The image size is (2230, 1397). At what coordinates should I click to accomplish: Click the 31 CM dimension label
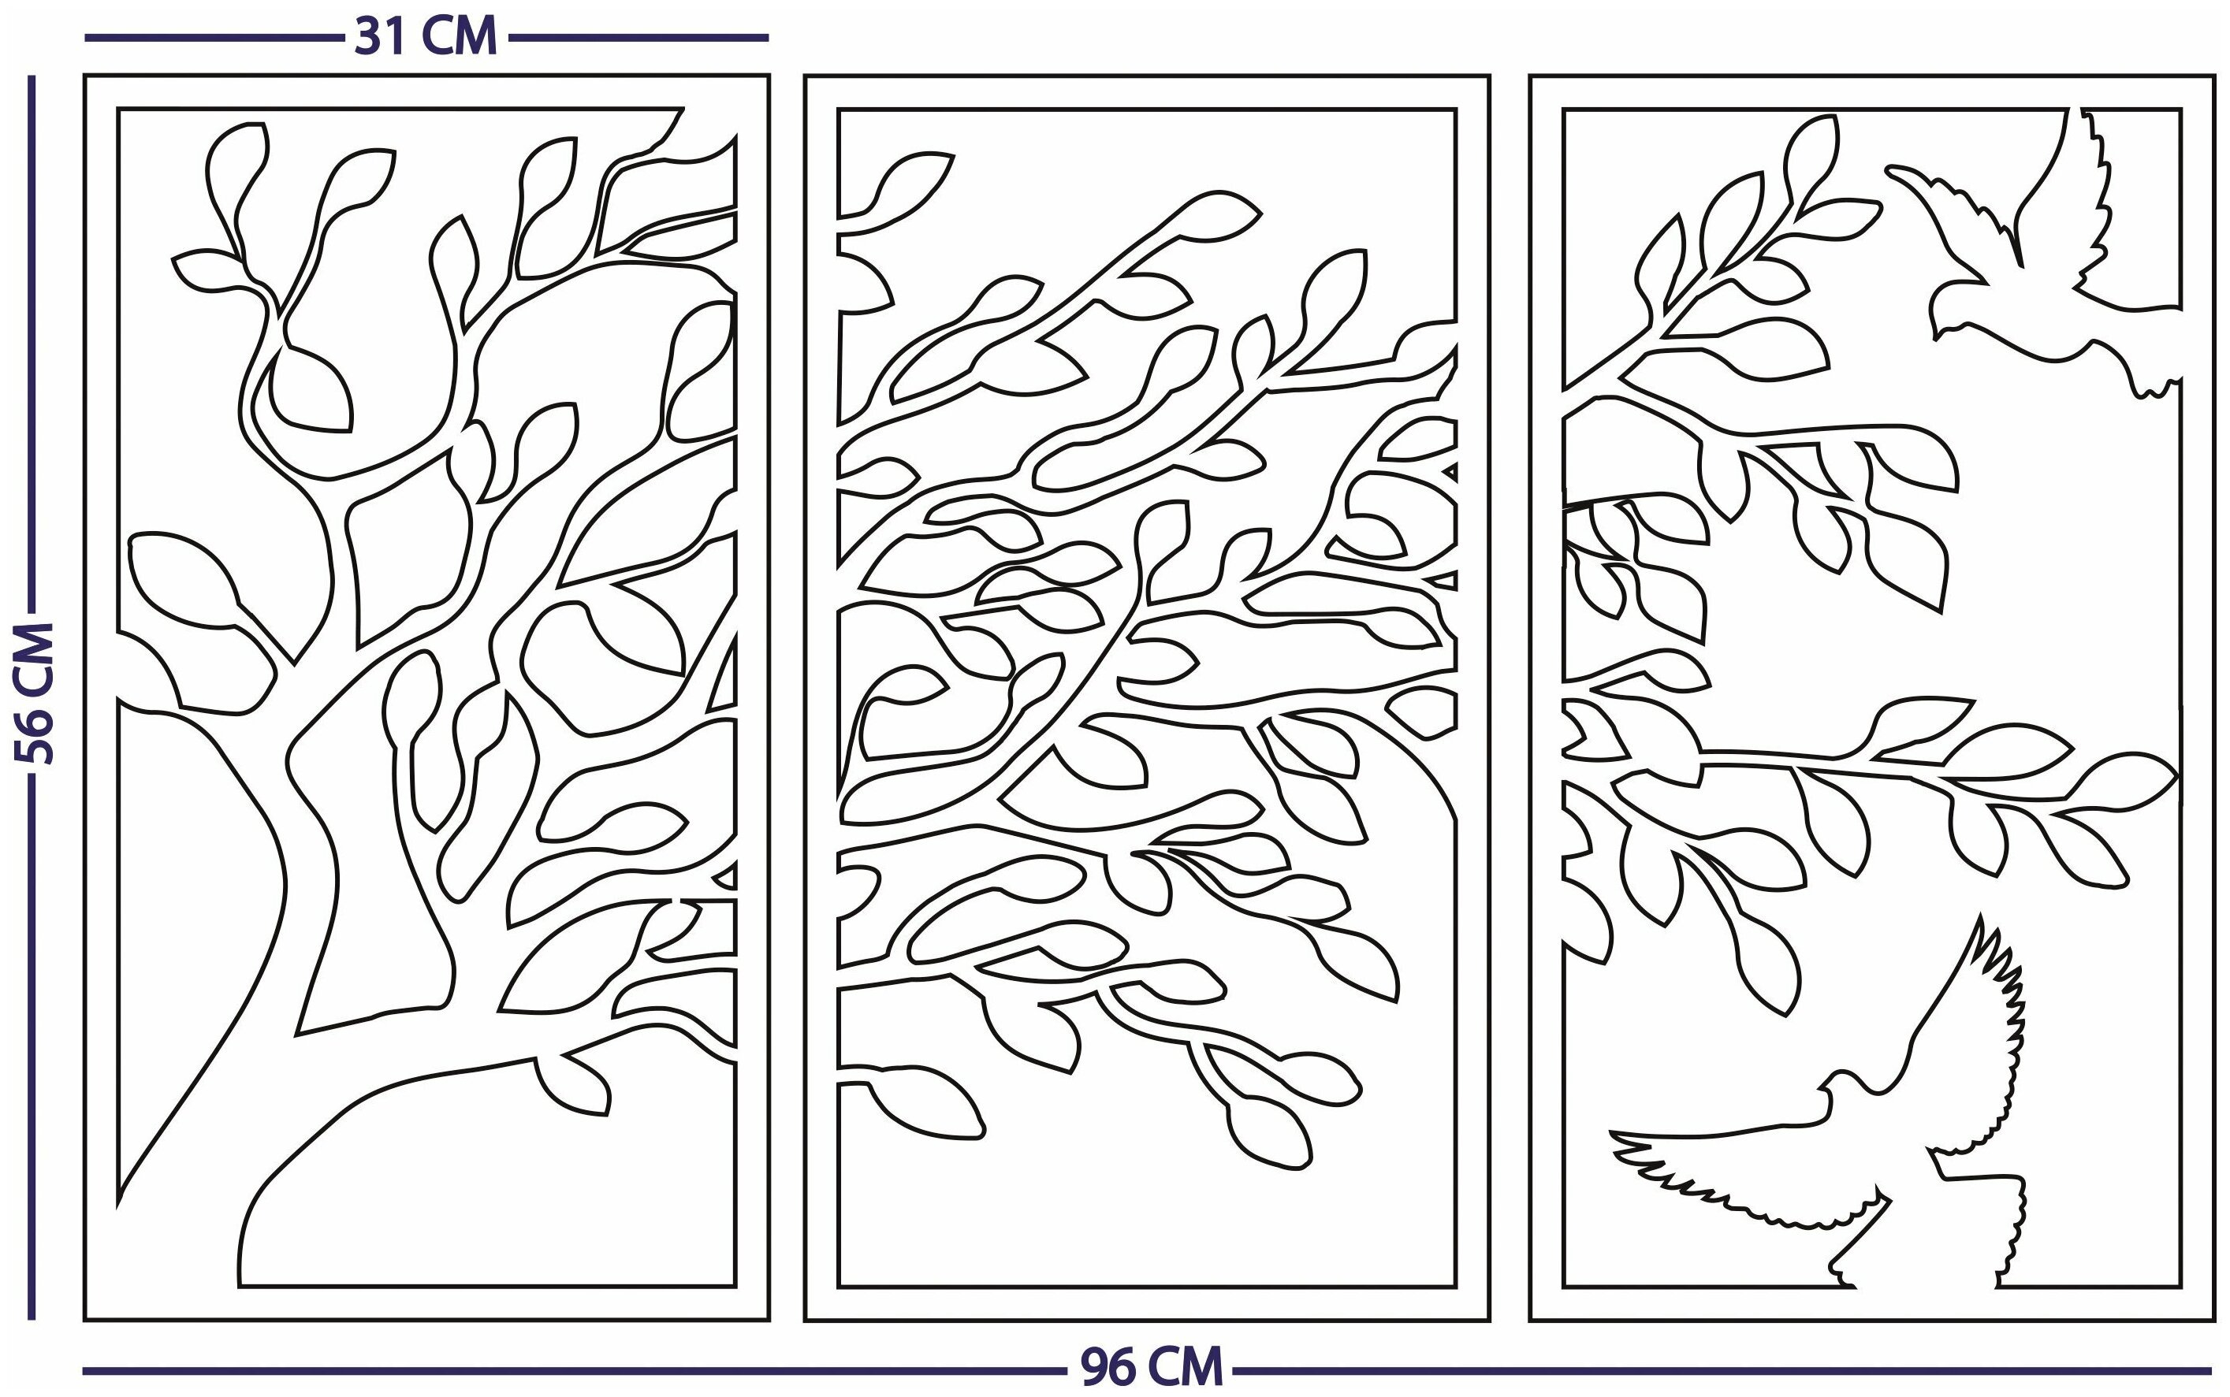(426, 37)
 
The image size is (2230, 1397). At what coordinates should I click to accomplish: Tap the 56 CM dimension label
(35, 693)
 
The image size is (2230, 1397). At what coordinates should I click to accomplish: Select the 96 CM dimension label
(1152, 1366)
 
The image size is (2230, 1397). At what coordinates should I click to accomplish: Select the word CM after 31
(460, 37)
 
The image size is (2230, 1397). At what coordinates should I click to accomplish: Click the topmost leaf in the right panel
(1811, 157)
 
